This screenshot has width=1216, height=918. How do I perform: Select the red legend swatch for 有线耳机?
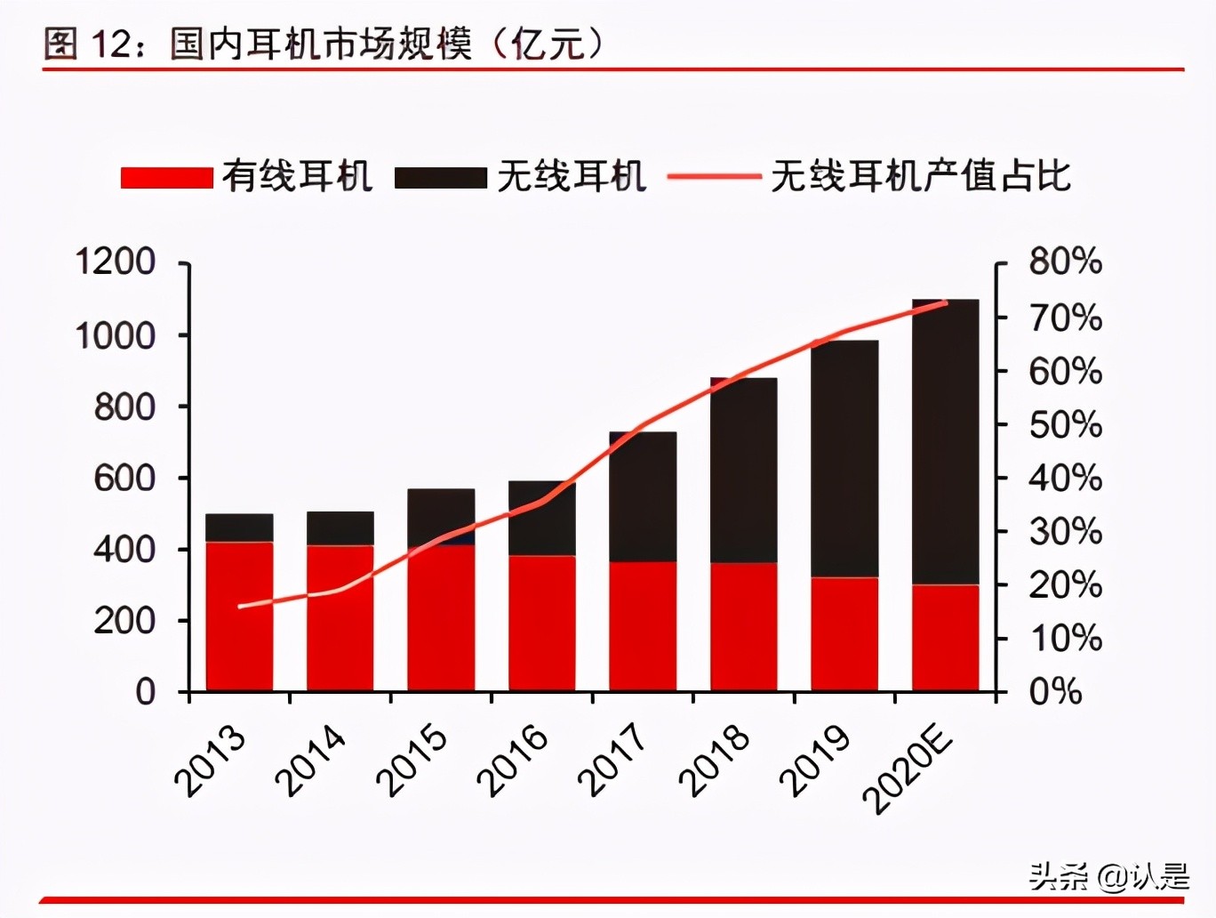click(166, 177)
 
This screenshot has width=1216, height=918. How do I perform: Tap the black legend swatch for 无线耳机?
click(440, 177)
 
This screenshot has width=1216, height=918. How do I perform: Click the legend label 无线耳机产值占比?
click(920, 176)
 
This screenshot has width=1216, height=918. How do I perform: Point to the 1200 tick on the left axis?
click(115, 262)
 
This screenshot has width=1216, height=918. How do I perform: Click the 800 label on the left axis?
click(124, 407)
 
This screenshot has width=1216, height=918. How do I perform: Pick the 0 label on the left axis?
click(145, 691)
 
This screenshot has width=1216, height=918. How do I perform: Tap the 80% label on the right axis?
click(1065, 262)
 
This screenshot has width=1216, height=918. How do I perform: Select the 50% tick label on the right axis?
click(1065, 424)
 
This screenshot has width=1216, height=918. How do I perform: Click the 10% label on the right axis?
click(1065, 638)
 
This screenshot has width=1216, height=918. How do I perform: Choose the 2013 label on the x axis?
click(211, 761)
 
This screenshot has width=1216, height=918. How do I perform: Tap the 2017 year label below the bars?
click(612, 761)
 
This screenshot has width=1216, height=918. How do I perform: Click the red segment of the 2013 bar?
click(239, 616)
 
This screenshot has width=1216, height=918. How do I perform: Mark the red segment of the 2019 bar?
click(844, 633)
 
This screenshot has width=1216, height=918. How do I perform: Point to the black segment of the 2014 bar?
click(340, 527)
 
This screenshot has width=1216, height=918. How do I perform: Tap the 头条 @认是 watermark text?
click(1108, 877)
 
